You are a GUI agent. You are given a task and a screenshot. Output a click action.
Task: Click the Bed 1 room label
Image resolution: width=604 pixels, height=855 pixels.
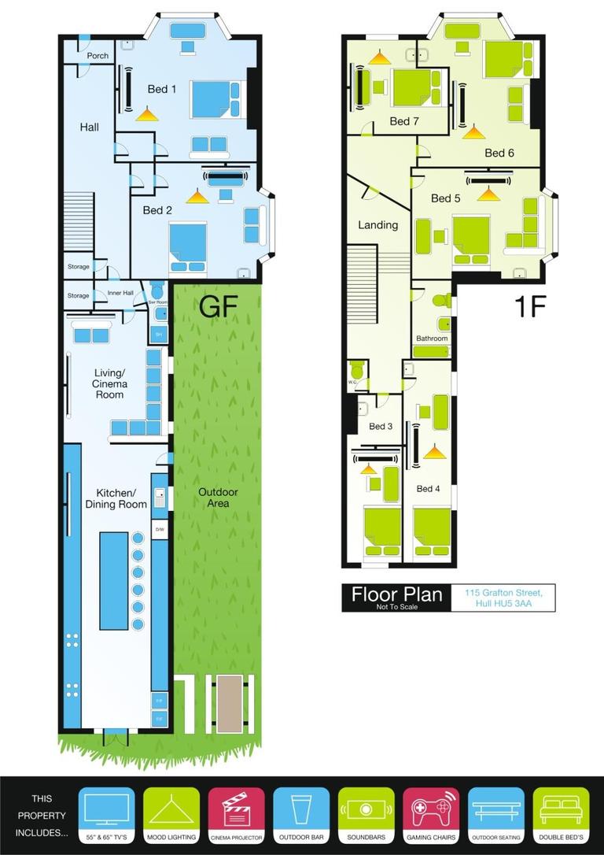161,89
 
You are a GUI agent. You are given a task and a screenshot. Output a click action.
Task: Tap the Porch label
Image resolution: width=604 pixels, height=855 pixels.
98,56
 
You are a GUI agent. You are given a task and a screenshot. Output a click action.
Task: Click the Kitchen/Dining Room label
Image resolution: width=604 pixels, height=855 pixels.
116,498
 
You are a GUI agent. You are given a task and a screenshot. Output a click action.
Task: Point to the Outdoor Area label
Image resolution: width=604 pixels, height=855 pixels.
218,497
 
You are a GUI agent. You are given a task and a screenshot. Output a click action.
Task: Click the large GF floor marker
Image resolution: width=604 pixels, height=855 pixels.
218,306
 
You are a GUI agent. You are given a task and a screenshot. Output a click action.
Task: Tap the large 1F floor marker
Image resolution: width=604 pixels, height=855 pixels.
529,306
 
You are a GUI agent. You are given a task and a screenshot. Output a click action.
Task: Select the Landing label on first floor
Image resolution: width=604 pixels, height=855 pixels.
377,225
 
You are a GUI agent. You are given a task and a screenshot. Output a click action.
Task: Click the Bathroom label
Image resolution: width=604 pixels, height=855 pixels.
432,339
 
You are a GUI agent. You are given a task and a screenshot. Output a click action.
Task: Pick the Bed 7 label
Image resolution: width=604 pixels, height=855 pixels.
403,121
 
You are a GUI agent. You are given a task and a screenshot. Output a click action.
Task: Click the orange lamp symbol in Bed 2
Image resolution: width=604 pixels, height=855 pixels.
197,196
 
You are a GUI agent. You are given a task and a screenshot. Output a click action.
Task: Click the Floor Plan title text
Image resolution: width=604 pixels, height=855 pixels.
396,595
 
